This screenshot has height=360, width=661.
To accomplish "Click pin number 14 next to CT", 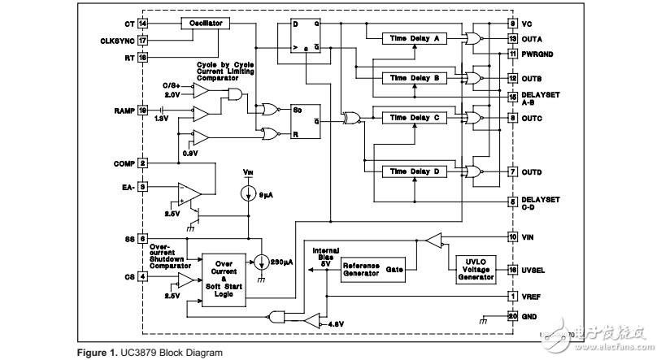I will point(143,24).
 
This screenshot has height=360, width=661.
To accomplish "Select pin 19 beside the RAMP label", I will point(143,110).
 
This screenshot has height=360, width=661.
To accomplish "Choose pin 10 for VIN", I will point(512,236).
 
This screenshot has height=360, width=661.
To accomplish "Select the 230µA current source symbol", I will point(261,263).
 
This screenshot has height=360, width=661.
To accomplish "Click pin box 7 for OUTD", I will point(512,171).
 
